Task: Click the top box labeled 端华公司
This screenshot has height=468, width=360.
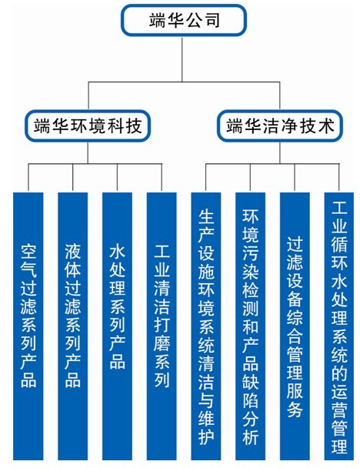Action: (x=183, y=20)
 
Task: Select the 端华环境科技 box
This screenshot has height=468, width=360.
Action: (x=88, y=125)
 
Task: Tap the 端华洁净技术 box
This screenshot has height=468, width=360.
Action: (x=280, y=125)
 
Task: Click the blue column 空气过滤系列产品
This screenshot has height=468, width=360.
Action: (x=28, y=326)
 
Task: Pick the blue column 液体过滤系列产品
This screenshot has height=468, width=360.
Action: (x=73, y=326)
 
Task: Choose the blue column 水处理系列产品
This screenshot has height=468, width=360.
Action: (x=117, y=326)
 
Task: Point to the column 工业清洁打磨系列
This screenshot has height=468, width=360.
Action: (x=162, y=326)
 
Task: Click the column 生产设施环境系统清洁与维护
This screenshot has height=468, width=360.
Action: (x=206, y=326)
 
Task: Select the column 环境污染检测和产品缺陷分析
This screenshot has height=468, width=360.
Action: (x=250, y=326)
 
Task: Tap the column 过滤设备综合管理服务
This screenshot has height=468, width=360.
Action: (x=295, y=326)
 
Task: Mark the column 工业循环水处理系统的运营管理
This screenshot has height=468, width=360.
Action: (x=339, y=326)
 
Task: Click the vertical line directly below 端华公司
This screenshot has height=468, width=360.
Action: (x=182, y=58)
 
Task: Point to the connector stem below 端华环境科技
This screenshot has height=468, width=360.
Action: (x=88, y=152)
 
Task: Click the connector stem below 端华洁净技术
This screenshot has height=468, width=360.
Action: (x=280, y=152)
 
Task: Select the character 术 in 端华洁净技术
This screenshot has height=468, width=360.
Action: (x=326, y=125)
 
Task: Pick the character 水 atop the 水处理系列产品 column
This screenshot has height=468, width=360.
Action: (x=117, y=252)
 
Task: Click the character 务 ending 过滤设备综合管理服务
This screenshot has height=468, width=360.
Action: (x=295, y=409)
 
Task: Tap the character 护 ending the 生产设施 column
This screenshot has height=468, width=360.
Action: (x=206, y=437)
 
